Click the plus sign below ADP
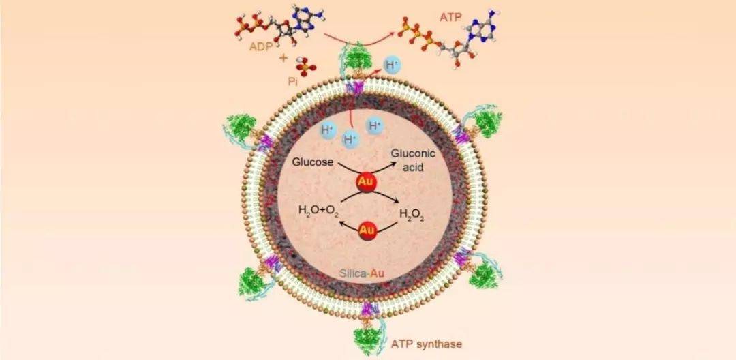(283, 57)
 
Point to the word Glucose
(311, 162)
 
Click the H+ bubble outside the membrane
(392, 66)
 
